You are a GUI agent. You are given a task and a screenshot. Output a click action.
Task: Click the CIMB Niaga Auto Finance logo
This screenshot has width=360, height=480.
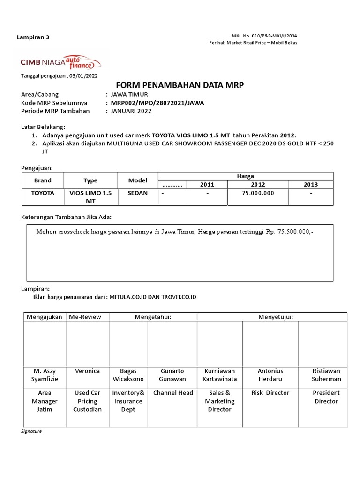click(x=60, y=62)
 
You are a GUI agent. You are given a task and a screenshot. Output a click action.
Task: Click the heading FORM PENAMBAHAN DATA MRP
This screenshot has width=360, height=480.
click(x=180, y=85)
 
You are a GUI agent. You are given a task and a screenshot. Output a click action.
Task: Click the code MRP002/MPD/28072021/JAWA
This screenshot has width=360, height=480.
click(x=157, y=103)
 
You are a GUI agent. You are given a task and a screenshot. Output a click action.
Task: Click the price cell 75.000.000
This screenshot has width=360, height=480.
click(x=258, y=193)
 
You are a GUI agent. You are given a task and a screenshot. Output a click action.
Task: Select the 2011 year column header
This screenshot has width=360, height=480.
click(x=207, y=184)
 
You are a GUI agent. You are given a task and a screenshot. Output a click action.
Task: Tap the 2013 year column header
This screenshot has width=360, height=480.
click(x=310, y=184)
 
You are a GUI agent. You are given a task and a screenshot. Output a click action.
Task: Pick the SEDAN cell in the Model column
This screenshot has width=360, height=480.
click(x=137, y=193)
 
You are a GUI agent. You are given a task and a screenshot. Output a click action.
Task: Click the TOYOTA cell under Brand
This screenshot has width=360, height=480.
click(x=43, y=193)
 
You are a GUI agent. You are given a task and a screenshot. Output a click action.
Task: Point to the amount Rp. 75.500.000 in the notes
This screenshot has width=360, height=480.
click(x=289, y=232)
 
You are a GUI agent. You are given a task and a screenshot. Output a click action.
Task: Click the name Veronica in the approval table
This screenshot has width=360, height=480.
click(x=87, y=371)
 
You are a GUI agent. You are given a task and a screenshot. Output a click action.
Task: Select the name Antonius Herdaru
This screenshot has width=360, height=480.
click(x=270, y=375)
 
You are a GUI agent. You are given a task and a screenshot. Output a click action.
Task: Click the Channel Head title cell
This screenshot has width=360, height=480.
click(x=173, y=393)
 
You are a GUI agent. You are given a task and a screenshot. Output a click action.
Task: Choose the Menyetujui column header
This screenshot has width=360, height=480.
click(x=276, y=317)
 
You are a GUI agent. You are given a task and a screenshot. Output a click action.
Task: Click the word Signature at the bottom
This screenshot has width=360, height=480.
click(x=32, y=431)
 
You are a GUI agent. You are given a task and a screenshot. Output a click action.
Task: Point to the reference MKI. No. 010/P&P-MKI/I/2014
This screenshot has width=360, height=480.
click(x=264, y=36)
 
